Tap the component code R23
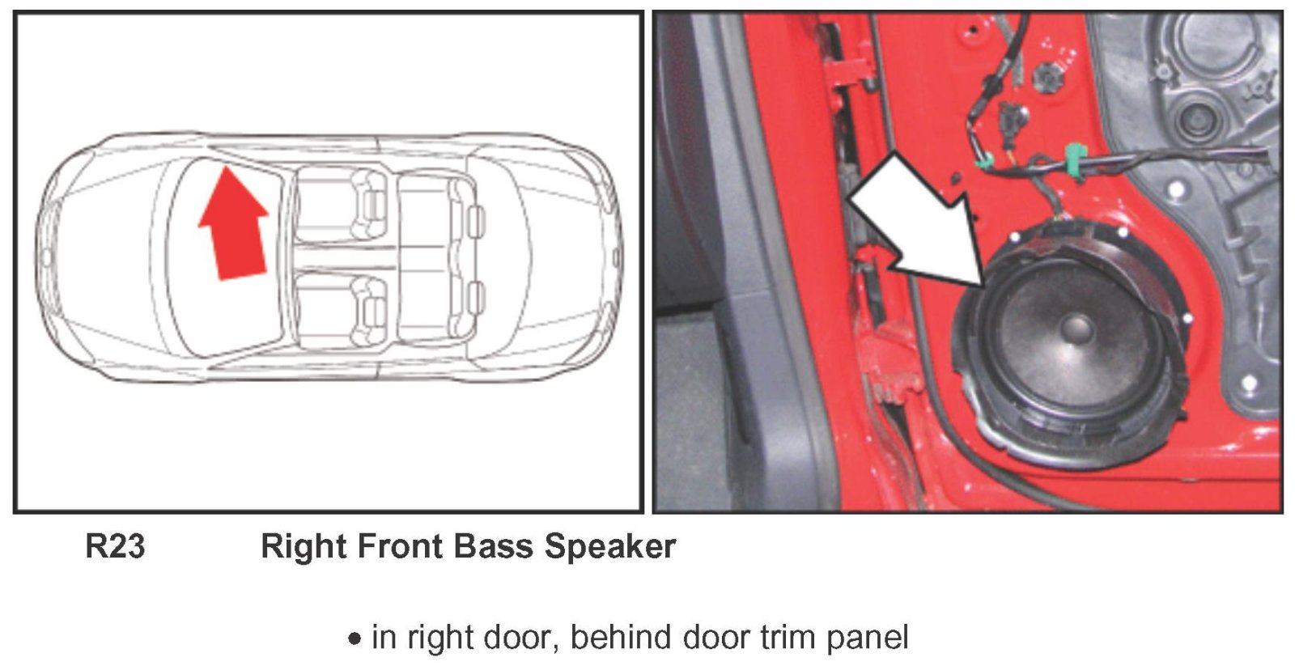pos(115,546)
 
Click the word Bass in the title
pos(493,546)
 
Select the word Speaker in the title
pos(610,547)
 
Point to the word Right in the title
pos(304,547)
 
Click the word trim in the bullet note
pos(785,637)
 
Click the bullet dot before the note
pos(355,639)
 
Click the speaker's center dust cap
pos(1076,329)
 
